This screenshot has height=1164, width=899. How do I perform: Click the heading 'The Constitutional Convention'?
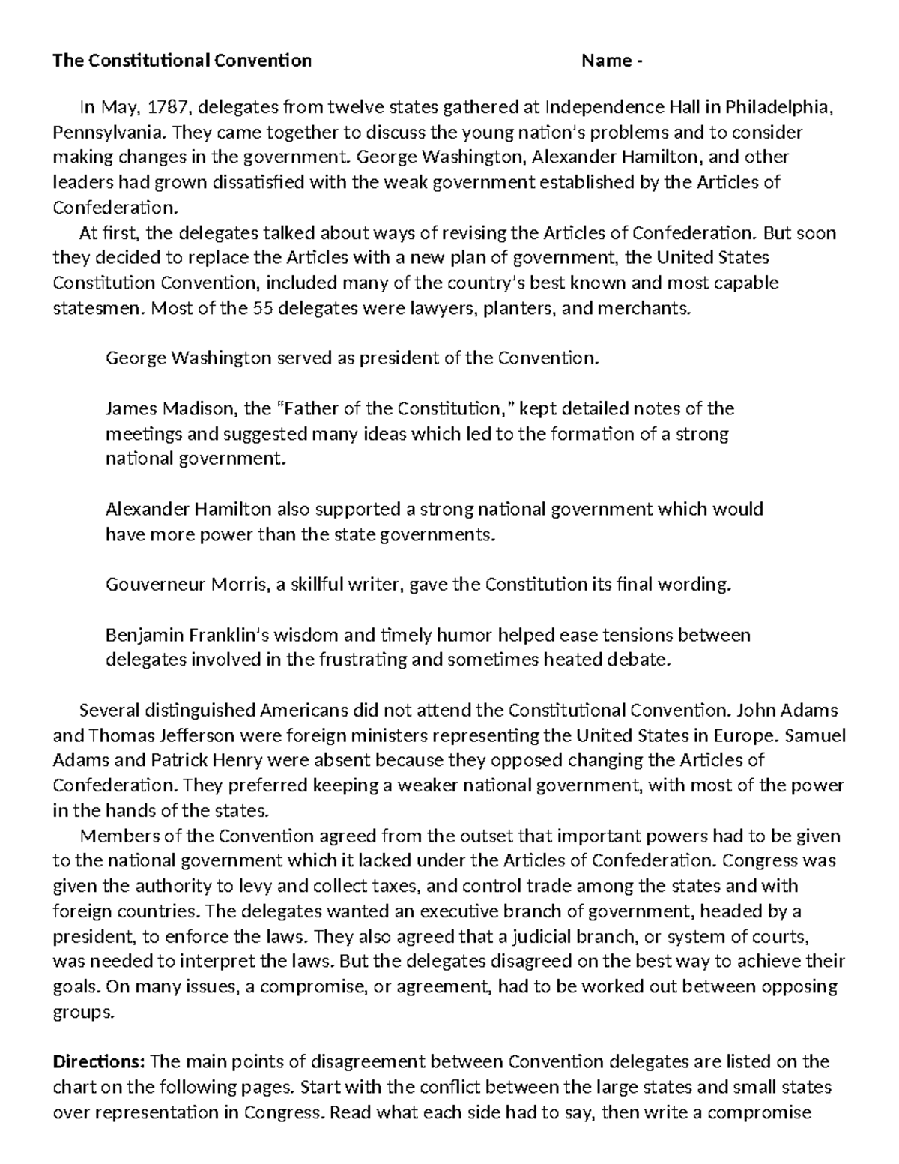click(x=181, y=61)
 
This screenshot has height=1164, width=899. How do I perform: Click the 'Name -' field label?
click(x=611, y=61)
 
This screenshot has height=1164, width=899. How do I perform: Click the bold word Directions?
click(x=98, y=1062)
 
